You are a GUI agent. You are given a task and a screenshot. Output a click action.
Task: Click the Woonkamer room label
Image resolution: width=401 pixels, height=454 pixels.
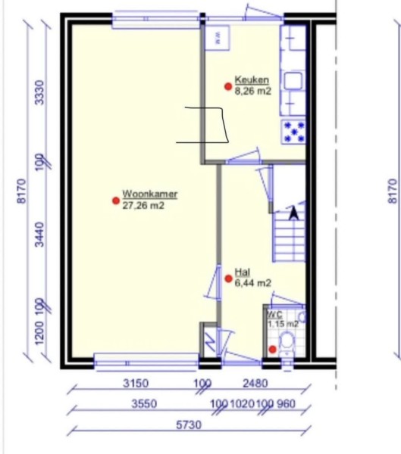pos(150,194)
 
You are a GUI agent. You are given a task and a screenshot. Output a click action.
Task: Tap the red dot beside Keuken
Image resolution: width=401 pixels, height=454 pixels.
pos(228,86)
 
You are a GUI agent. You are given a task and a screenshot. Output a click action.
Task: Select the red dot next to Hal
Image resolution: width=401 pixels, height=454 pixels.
pos(229,278)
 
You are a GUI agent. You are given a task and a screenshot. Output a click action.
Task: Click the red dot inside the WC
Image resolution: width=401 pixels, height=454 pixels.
pos(272,350)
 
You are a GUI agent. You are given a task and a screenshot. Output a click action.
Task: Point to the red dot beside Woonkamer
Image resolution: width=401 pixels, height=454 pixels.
pos(116,201)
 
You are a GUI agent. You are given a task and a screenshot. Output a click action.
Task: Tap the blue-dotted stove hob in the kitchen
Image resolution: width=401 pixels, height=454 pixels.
pos(293,132)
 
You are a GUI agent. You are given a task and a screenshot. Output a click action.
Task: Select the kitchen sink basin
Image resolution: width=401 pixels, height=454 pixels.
pos(293,80)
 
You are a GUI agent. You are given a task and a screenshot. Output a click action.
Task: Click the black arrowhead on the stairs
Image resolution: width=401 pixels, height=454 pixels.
pos(294,213)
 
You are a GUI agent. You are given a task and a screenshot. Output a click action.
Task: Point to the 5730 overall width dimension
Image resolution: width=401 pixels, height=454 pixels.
pos(189,424)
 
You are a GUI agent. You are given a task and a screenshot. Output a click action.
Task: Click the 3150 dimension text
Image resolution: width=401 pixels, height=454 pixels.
pos(136,383)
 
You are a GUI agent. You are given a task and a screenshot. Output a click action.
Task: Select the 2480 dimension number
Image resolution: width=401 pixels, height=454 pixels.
pos(255,384)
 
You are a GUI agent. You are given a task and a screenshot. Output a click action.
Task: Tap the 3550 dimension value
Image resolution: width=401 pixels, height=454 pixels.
pos(144,403)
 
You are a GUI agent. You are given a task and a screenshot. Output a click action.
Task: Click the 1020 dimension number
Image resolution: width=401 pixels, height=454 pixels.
pos(242,403)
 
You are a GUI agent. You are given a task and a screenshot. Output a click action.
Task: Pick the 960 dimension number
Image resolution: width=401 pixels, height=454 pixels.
pos(286,403)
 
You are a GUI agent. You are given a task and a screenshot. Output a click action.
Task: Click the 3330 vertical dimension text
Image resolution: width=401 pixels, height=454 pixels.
pos(39,92)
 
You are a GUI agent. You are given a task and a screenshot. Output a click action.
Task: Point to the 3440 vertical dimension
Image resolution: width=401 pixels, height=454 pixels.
pos(39,235)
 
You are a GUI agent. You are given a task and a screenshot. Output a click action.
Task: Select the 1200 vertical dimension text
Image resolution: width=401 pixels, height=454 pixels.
pos(39,333)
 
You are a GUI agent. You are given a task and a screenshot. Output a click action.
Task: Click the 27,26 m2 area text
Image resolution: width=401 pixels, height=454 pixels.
pos(143,206)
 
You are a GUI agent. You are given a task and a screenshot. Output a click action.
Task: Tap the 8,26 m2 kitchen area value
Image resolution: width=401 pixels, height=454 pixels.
pos(252,91)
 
